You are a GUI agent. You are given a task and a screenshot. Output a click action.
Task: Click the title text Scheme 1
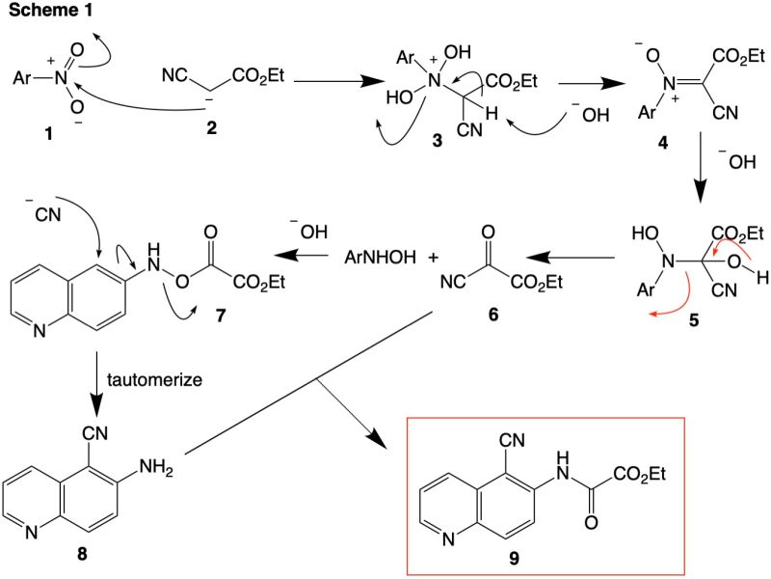click(x=45, y=11)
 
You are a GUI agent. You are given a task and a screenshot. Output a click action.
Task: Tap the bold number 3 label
click(x=437, y=141)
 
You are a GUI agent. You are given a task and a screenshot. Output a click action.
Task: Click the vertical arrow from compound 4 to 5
click(x=698, y=183)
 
